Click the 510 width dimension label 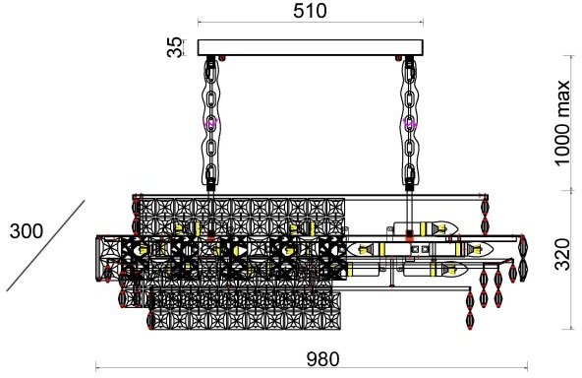click(310, 11)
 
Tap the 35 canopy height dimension click(175, 47)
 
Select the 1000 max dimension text click(561, 123)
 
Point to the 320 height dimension click(562, 255)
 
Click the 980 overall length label click(322, 359)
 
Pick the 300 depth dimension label click(27, 231)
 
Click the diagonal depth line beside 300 click(45, 246)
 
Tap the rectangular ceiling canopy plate click(311, 47)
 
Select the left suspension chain click(210, 123)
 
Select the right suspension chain click(409, 123)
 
